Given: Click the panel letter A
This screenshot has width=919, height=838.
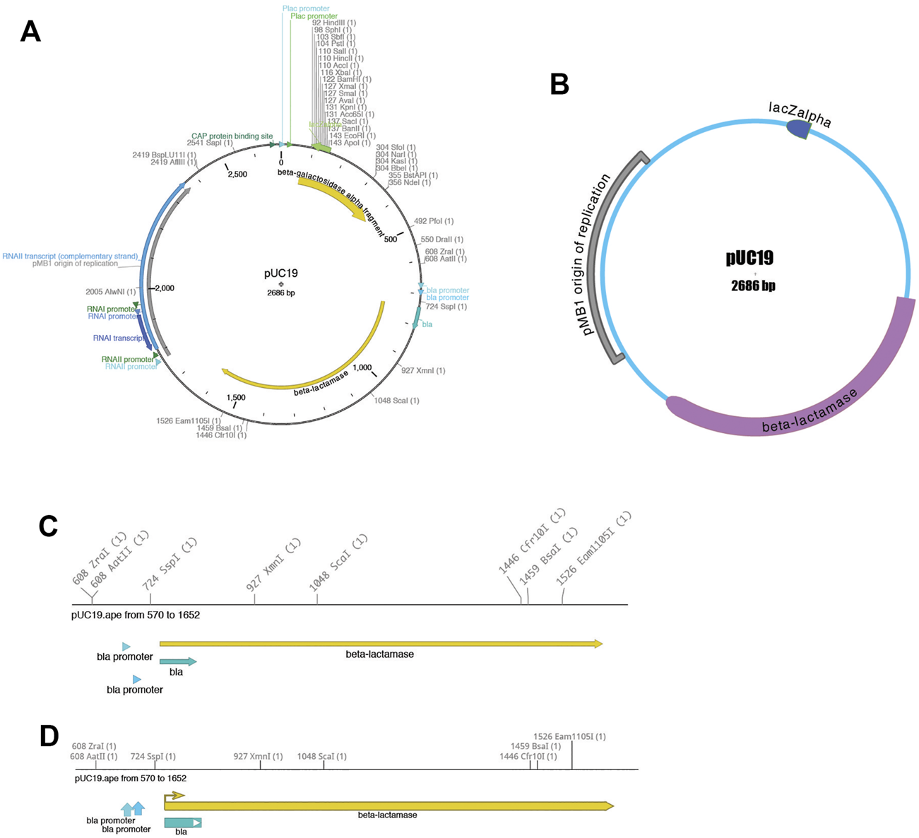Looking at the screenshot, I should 30,31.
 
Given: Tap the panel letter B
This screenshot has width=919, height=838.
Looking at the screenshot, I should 559,84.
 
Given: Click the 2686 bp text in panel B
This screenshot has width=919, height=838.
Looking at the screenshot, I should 753,286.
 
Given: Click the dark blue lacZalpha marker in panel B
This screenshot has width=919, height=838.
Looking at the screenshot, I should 799,129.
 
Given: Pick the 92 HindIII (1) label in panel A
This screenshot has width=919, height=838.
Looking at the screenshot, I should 334,23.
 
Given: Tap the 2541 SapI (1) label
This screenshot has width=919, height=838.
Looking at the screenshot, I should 210,143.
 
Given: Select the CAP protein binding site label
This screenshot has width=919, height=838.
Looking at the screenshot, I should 232,136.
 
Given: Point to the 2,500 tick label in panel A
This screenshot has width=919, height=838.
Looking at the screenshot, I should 237,174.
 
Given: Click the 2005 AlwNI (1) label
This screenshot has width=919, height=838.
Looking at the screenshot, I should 110,291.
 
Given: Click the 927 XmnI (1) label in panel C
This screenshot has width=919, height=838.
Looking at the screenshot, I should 273,565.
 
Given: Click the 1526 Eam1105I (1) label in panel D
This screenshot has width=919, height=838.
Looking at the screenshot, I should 569,737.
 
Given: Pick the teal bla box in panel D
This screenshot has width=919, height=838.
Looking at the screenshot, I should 182,822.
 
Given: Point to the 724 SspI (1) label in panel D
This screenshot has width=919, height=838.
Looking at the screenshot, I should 153,757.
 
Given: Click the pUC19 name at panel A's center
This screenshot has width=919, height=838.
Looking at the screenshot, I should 280,273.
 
